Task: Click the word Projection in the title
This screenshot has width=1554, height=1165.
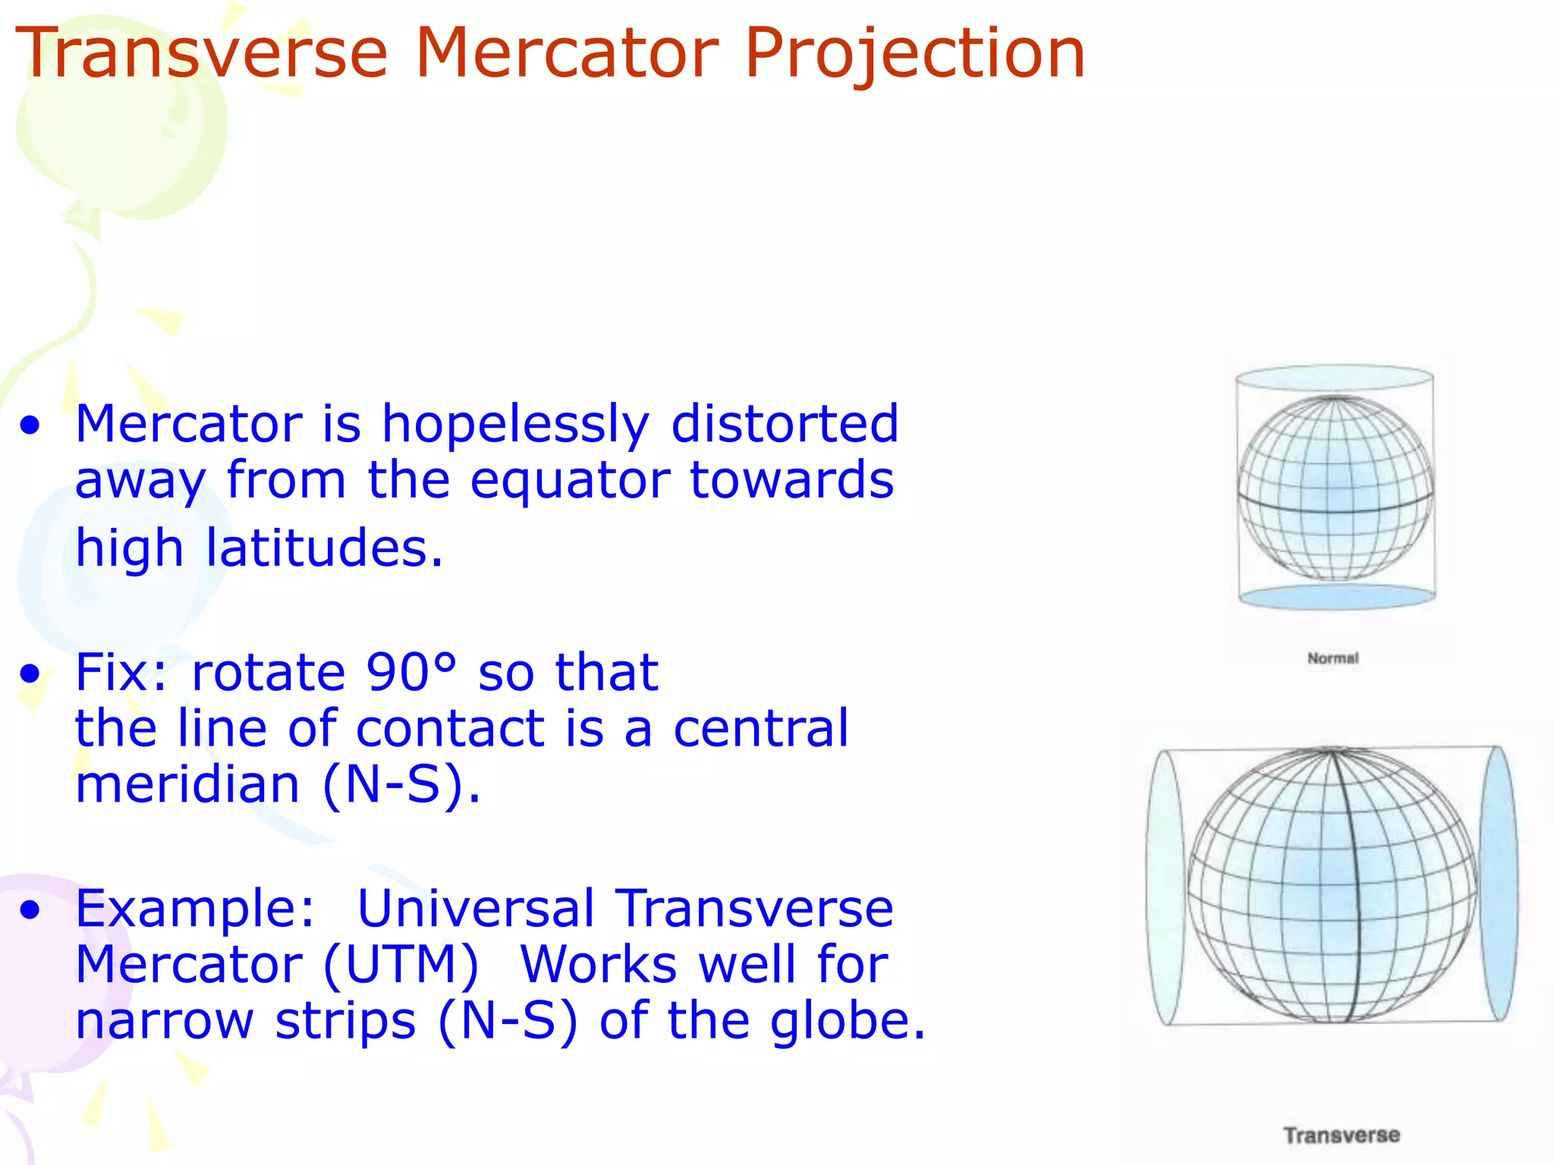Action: click(x=914, y=55)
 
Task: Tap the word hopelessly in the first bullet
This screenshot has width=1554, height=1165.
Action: click(x=515, y=424)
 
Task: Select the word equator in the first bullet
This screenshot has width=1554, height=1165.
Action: click(x=569, y=482)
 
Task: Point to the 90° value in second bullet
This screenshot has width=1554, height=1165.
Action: click(x=411, y=672)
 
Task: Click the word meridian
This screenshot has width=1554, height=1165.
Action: click(x=187, y=784)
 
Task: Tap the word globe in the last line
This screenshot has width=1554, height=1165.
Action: click(x=847, y=1021)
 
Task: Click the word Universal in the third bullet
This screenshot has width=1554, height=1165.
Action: click(x=475, y=909)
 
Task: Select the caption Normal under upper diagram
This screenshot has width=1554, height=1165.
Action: click(x=1332, y=658)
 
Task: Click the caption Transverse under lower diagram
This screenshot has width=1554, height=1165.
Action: click(x=1342, y=1135)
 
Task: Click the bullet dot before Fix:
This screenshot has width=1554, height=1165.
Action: click(x=30, y=674)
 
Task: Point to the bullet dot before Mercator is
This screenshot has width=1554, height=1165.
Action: click(x=30, y=425)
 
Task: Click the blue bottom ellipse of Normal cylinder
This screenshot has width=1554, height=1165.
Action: click(x=1336, y=598)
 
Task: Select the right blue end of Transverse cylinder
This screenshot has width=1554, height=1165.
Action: click(x=1498, y=884)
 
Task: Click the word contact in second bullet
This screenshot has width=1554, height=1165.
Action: click(x=450, y=729)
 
